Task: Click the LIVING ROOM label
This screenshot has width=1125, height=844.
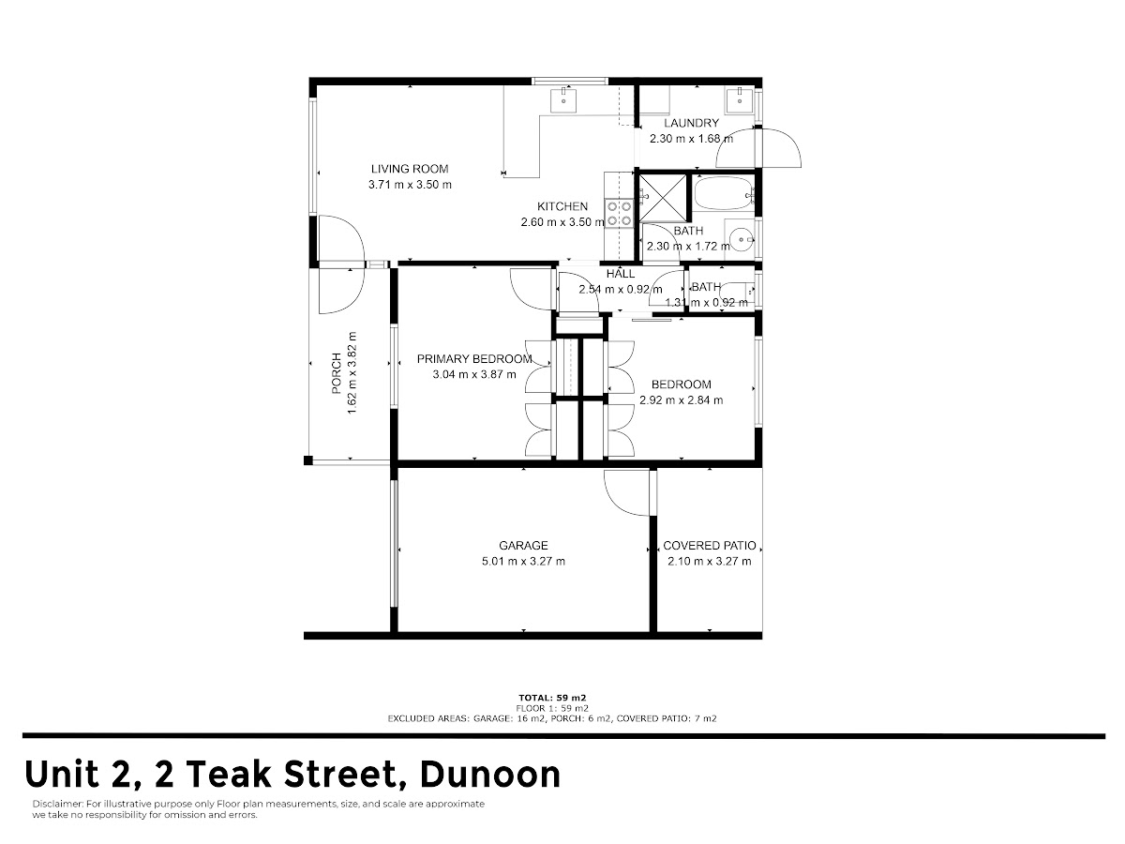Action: tap(410, 169)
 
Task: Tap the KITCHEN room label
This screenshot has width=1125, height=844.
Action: tap(562, 206)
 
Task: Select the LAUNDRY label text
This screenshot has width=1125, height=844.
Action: tap(691, 123)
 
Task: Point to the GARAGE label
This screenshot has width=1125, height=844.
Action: tap(523, 545)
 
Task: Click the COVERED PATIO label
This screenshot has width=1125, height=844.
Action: tap(710, 545)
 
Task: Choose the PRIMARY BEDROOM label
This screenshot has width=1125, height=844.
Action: tap(474, 359)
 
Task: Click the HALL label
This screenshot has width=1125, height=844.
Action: tap(621, 274)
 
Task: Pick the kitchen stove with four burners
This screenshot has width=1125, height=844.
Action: tap(619, 213)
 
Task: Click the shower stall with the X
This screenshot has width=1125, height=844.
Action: tap(662, 197)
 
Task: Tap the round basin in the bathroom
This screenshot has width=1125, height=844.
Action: tap(742, 239)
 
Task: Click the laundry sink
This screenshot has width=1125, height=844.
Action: tap(740, 100)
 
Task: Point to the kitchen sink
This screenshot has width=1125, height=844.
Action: tap(563, 100)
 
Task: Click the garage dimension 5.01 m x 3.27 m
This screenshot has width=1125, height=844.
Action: tap(523, 561)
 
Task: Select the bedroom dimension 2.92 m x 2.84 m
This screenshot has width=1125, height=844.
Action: tap(682, 400)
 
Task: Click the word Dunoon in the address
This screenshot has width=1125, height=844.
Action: tap(490, 775)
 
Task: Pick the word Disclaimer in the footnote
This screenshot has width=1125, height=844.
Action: tap(57, 804)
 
